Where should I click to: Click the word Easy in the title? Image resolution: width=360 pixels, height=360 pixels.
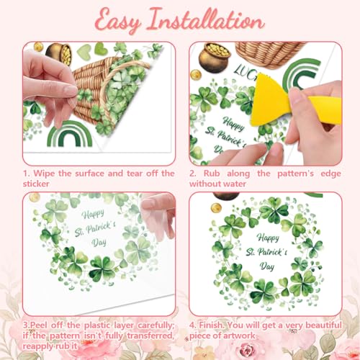pos(117,21)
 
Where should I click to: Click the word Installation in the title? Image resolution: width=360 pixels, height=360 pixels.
pos(206,20)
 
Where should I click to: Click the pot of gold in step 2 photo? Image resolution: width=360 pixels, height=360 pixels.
pos(214,56)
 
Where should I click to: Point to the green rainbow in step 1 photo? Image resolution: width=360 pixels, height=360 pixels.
pos(70,134)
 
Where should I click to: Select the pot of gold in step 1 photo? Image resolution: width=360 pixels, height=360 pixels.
pos(59,54)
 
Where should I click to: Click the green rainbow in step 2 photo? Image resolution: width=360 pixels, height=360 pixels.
pos(302,73)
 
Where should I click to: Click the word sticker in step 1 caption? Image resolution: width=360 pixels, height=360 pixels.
pos(36,184)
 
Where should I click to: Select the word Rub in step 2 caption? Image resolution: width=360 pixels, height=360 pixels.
pos(212,174)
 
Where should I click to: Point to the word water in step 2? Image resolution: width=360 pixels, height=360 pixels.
pos(234,184)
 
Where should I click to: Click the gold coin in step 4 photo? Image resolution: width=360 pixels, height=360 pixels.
pos(216,207)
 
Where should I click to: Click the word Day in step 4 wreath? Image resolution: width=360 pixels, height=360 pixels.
pos(267,266)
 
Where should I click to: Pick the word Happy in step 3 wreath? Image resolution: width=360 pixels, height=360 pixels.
pos(93,214)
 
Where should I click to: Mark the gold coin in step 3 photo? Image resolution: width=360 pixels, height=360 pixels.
pos(35,197)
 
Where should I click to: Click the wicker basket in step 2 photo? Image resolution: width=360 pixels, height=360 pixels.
pos(269,54)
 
